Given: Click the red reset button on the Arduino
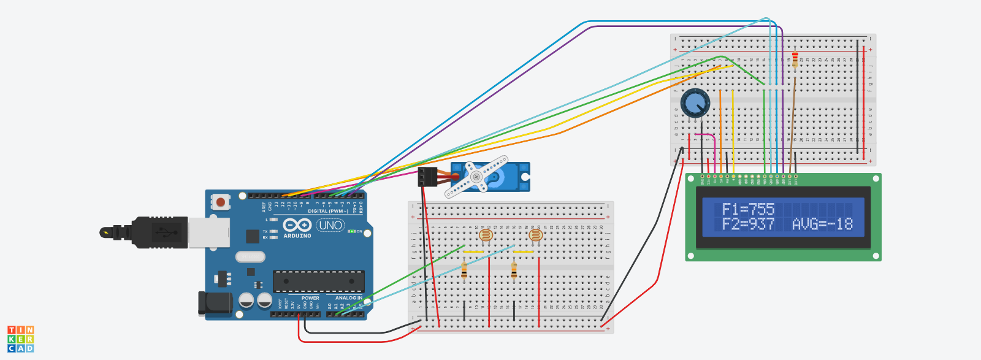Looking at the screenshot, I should pyautogui.click(x=220, y=202).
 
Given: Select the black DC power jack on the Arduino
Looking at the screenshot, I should pyautogui.click(x=215, y=304).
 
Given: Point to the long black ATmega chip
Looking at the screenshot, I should pyautogui.click(x=318, y=281).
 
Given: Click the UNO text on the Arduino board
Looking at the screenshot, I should pyautogui.click(x=330, y=226).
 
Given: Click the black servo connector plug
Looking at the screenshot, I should pyautogui.click(x=427, y=177).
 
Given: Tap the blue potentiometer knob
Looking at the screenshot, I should pyautogui.click(x=695, y=102).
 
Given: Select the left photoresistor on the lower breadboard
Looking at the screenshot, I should pyautogui.click(x=486, y=235).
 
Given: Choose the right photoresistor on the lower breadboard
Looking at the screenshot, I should pyautogui.click(x=535, y=235).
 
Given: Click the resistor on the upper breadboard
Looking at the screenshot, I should pyautogui.click(x=795, y=60).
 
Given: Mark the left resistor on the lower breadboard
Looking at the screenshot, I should pyautogui.click(x=464, y=270).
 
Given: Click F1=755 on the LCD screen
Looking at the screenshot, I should pyautogui.click(x=748, y=209).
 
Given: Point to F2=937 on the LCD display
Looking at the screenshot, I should pyautogui.click(x=748, y=224).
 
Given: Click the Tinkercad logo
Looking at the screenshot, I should pyautogui.click(x=20, y=339).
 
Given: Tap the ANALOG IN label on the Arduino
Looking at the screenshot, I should pyautogui.click(x=348, y=298).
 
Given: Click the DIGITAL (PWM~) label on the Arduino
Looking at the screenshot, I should pyautogui.click(x=328, y=211).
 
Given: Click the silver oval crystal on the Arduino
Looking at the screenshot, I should pyautogui.click(x=250, y=256).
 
